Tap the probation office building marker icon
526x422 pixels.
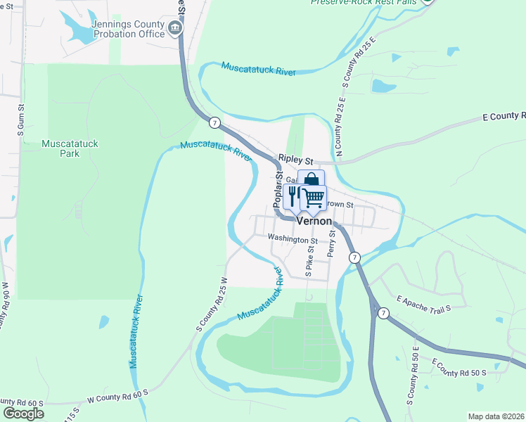point(174,28)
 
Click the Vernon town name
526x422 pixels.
point(314,220)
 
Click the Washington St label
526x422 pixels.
point(293,240)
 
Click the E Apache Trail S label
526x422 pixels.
point(423,303)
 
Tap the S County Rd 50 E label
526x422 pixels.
point(413,380)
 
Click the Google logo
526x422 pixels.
point(23,413)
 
